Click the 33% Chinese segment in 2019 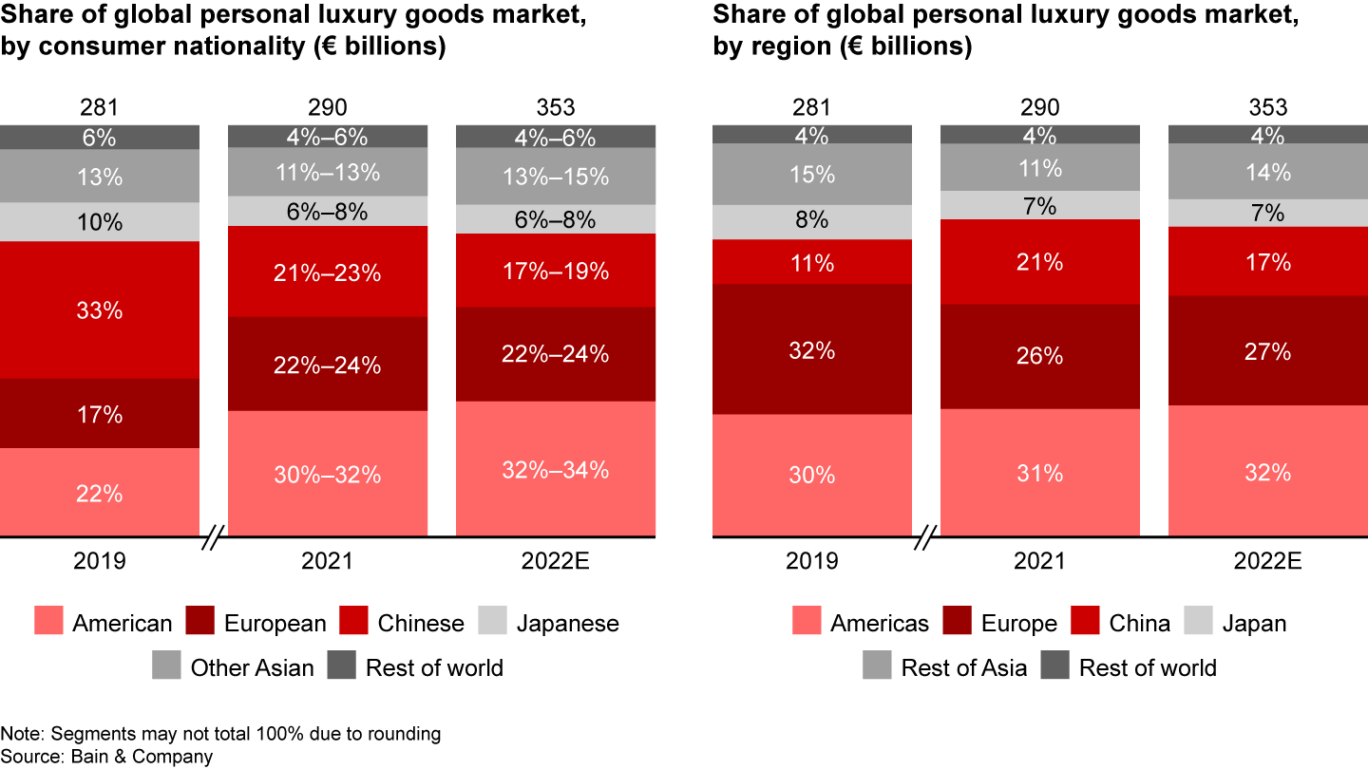(x=100, y=310)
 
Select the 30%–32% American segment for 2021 (x=328, y=474)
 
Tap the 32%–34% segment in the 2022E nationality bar (x=556, y=469)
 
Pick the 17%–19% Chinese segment (x=556, y=271)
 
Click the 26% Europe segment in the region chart (x=1040, y=356)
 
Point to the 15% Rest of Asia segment (x=812, y=175)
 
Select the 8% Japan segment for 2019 (x=812, y=221)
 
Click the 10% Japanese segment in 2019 (x=100, y=222)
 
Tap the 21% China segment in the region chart (x=1040, y=262)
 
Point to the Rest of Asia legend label (x=963, y=667)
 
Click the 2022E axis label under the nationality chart (x=556, y=561)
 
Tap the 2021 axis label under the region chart (x=1040, y=561)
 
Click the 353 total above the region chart (x=1268, y=107)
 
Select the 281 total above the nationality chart (x=100, y=107)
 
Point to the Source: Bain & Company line (x=106, y=757)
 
